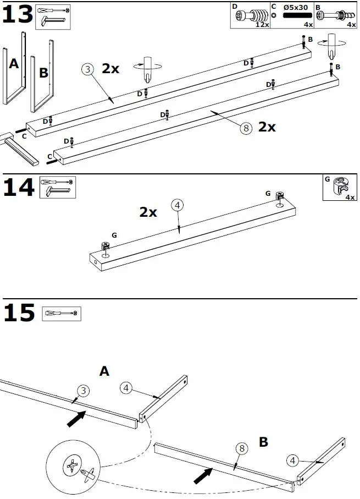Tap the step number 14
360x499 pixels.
[x=19, y=188]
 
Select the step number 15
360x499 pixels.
[x=19, y=314]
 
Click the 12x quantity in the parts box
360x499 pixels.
[x=262, y=25]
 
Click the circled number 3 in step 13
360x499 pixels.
[x=87, y=69]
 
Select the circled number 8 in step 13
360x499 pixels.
[x=246, y=128]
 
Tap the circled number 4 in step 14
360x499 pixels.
[x=177, y=206]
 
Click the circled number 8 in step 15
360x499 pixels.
[x=241, y=448]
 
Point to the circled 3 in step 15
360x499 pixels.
[x=82, y=391]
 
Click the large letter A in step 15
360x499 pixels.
[x=104, y=372]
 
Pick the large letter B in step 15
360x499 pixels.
[x=264, y=442]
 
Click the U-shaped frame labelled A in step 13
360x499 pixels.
[x=14, y=69]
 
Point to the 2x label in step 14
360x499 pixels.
[x=148, y=212]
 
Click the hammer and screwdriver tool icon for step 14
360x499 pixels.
[x=57, y=187]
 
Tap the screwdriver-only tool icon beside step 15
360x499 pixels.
[x=61, y=313]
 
